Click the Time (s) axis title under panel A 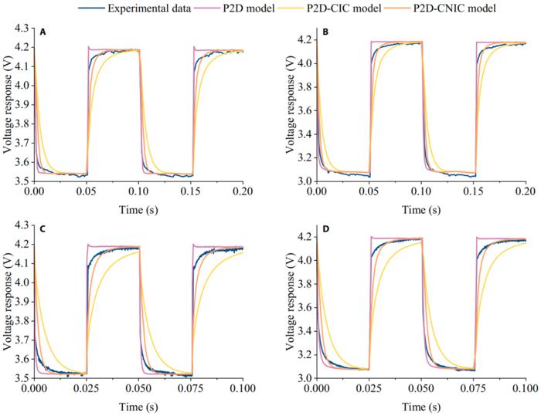tap(139, 208)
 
